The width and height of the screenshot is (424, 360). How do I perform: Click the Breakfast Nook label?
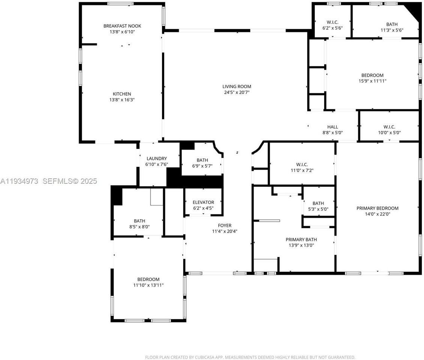[x=122, y=26]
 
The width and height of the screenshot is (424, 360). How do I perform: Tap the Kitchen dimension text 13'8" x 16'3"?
[x=122, y=100]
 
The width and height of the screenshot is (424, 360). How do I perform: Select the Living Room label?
[x=237, y=86]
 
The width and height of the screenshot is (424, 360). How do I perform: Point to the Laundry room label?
[x=156, y=159]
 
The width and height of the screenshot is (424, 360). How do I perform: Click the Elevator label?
[x=203, y=202]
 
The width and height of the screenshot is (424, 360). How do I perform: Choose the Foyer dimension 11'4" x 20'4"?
[x=224, y=231]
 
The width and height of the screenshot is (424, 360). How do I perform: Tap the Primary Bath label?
[x=301, y=240]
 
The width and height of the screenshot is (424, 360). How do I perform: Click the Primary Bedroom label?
[x=377, y=208]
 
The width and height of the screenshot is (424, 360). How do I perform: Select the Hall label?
[x=332, y=127]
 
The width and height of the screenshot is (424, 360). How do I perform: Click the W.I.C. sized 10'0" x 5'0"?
[x=389, y=127]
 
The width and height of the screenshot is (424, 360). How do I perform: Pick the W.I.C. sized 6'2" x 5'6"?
[x=332, y=22]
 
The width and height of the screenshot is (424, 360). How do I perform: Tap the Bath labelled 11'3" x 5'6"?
[x=392, y=24]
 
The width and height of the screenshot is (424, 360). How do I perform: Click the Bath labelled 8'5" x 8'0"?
[x=140, y=221]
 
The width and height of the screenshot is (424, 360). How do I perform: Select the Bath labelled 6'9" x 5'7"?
[x=202, y=160]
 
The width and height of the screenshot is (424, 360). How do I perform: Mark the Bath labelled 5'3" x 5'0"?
[x=318, y=204]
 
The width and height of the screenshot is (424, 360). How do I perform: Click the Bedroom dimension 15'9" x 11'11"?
[x=372, y=81]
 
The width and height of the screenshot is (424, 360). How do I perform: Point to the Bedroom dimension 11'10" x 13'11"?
[x=148, y=285]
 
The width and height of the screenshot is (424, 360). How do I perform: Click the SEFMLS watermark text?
[x=69, y=181]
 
